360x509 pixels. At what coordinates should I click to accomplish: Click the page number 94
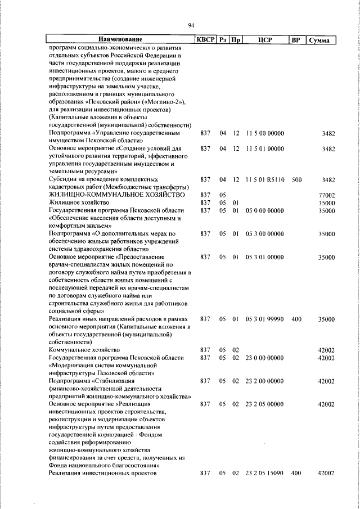click(x=191, y=25)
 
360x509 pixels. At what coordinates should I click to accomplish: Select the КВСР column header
click(x=205, y=40)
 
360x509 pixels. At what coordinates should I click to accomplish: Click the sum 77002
click(x=326, y=195)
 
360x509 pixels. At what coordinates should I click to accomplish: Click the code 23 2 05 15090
click(x=264, y=474)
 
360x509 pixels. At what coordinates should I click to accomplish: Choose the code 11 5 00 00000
click(x=264, y=133)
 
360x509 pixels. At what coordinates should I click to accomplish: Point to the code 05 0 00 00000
click(x=264, y=210)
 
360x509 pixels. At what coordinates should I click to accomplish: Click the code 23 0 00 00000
click(x=264, y=358)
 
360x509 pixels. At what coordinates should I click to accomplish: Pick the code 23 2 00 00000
click(x=264, y=381)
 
